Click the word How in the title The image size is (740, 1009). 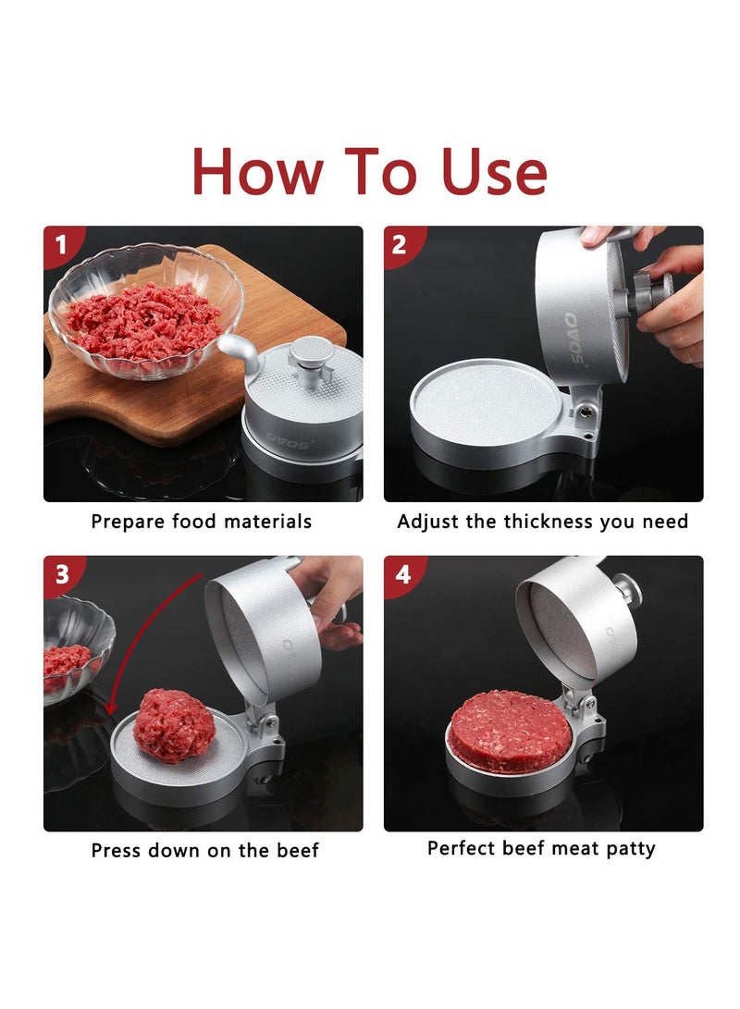point(258,172)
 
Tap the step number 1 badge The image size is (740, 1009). point(61,245)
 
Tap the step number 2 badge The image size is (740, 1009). point(401,245)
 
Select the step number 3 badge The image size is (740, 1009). point(61,574)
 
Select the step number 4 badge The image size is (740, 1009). point(401,574)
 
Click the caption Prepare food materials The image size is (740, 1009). point(202,522)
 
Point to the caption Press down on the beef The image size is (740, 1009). point(204,850)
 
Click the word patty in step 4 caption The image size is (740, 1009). point(629,848)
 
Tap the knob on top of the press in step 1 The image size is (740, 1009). point(312,354)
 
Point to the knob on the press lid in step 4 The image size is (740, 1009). point(628,586)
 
